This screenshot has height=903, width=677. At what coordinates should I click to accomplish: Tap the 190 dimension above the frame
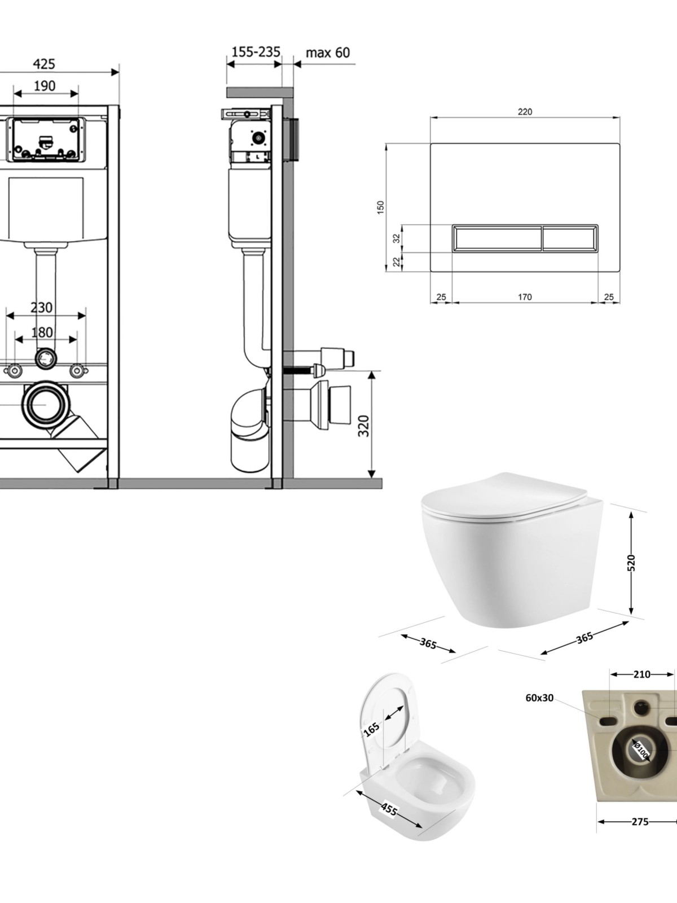pos(45,86)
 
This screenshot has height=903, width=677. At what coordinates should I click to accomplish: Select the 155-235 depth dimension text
pos(256,52)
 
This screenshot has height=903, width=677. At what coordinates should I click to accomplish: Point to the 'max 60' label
pos(328,53)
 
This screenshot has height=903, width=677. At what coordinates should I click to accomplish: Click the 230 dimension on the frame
pos(42,308)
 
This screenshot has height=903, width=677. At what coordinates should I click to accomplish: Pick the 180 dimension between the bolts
pos(42,332)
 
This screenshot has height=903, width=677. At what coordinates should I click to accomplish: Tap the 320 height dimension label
pos(364,426)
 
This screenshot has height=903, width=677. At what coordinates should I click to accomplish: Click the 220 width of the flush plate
pos(525,112)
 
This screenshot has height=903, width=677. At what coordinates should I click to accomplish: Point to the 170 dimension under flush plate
pos(525,297)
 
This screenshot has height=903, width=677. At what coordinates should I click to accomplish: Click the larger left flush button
pos(496,238)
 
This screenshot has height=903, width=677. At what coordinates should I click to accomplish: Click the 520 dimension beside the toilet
pos(631,563)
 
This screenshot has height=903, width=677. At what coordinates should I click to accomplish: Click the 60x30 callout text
pos(539,698)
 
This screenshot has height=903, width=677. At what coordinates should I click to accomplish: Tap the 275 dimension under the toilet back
pos(640,822)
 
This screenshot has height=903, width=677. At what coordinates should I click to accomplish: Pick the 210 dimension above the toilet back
pos(642,674)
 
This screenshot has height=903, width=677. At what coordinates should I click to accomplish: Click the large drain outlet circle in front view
pos(43,405)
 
